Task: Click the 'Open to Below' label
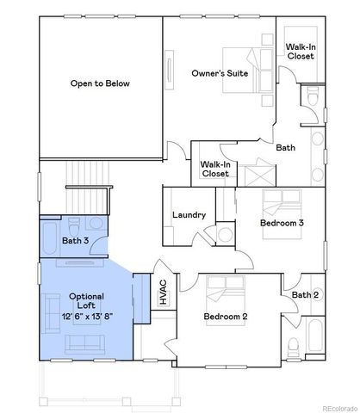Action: [x=100, y=83]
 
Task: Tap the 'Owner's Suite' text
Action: [x=220, y=74]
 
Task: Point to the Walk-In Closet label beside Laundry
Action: [x=214, y=168]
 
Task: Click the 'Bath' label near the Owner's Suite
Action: [x=285, y=147]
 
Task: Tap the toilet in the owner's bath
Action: [x=313, y=102]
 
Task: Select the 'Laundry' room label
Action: [x=189, y=214]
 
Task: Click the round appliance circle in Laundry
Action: [x=226, y=234]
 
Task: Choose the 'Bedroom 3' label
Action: [x=282, y=223]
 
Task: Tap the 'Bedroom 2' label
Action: [x=226, y=317]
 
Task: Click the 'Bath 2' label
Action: [x=305, y=295]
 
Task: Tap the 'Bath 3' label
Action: [x=75, y=240]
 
